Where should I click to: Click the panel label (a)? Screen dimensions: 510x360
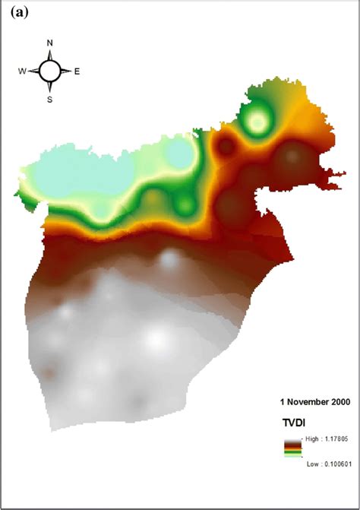coord(15,12)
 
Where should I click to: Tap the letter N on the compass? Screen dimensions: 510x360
coord(50,43)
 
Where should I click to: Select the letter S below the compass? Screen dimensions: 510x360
coord(50,99)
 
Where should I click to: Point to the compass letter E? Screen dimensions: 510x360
coord(77,71)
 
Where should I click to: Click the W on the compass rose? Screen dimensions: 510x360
coord(23,71)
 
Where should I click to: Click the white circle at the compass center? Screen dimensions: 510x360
coord(50,71)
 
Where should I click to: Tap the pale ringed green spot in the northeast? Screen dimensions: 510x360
coord(257,120)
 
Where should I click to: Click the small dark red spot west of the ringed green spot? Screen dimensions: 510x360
coord(226,146)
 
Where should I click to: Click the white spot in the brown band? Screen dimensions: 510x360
coord(168,260)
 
